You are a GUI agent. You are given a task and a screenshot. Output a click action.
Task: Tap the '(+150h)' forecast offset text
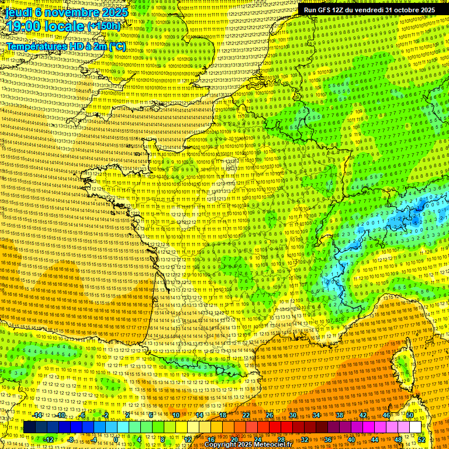(x=104, y=26)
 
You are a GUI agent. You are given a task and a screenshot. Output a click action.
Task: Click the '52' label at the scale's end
(x=422, y=439)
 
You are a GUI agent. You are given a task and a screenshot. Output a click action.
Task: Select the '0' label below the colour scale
(x=116, y=439)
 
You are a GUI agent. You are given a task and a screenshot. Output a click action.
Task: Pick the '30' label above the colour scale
(x=293, y=415)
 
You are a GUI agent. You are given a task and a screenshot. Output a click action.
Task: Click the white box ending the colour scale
(x=416, y=427)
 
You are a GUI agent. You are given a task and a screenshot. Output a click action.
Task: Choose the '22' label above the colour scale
(x=246, y=415)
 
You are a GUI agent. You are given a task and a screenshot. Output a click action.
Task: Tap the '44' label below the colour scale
(x=375, y=439)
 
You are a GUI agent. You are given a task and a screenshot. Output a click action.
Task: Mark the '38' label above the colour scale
(x=340, y=415)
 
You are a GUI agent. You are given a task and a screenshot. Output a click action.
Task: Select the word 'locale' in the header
(x=63, y=26)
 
